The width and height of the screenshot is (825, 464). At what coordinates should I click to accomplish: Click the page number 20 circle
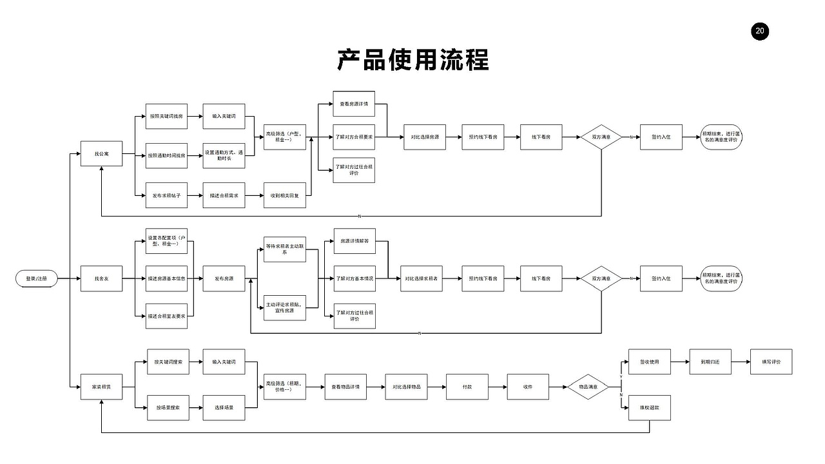(x=760, y=31)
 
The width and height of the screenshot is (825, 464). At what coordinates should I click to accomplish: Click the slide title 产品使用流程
(x=412, y=59)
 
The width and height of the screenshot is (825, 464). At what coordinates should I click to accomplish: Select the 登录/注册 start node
(x=36, y=278)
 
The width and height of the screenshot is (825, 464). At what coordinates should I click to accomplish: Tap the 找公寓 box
(x=102, y=154)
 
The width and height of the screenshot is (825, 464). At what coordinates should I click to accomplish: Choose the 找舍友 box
(x=102, y=278)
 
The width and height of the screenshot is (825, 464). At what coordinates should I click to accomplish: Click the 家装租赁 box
(x=102, y=387)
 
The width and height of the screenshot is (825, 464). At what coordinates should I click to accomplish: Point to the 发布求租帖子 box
(x=167, y=195)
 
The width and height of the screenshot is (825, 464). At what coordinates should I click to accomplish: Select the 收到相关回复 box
(x=285, y=195)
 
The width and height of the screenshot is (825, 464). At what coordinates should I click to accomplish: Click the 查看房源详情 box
(x=354, y=104)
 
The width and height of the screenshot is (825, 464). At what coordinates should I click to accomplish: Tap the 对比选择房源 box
(x=425, y=137)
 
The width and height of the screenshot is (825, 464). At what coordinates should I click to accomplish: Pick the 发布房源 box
(x=224, y=278)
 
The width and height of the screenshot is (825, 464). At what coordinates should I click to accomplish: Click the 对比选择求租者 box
(x=421, y=278)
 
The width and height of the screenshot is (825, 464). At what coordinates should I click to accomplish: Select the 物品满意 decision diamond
(x=588, y=387)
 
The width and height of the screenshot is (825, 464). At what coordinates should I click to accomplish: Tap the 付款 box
(x=467, y=387)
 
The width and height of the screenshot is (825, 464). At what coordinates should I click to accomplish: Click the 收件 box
(x=528, y=387)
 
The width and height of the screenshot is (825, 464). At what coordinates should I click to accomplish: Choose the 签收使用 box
(x=650, y=362)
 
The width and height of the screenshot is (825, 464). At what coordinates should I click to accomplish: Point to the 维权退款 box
(x=650, y=407)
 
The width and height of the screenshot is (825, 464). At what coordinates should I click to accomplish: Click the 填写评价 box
(x=771, y=362)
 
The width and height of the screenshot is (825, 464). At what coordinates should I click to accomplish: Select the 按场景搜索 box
(x=168, y=407)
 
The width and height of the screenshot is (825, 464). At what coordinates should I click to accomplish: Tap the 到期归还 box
(x=710, y=362)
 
